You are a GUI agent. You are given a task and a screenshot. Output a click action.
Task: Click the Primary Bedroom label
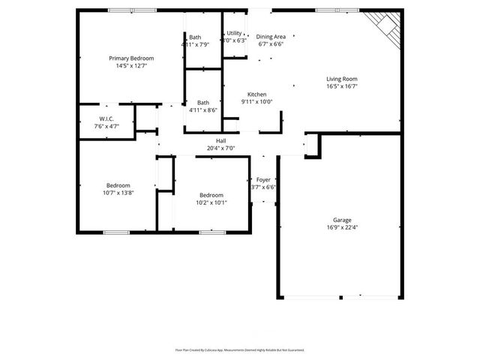coord(131,58)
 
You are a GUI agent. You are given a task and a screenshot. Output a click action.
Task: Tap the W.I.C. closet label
coord(106,119)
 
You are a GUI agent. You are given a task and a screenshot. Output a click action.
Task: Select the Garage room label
coord(341,220)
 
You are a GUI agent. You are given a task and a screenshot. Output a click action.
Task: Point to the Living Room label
coord(341,79)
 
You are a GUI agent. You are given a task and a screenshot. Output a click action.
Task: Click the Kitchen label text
coord(256,94)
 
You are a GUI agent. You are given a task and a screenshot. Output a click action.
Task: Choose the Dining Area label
coord(271,37)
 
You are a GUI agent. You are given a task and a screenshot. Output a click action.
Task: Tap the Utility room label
coord(235,34)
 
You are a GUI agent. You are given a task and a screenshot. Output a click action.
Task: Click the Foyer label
coord(263,180)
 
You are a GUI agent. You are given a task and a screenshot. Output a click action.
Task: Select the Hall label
coord(221,141)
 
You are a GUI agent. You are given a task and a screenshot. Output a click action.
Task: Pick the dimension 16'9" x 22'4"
coord(341,227)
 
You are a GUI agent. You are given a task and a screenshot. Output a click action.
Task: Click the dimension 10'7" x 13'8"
coord(118,193)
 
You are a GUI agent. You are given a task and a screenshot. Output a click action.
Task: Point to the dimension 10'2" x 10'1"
coord(211,202)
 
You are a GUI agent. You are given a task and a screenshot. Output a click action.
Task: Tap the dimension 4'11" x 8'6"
coord(202,110)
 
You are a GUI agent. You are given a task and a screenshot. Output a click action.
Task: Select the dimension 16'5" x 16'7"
coord(341,86)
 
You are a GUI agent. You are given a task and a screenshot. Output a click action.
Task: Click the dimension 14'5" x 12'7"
coord(131,66)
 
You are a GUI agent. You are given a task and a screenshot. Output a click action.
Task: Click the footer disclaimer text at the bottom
coord(239,349)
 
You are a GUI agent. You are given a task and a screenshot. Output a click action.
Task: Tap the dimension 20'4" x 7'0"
coord(221,148)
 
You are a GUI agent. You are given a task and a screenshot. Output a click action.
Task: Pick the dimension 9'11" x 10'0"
coord(256,102)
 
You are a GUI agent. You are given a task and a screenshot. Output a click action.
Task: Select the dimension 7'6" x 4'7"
coord(106,127)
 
